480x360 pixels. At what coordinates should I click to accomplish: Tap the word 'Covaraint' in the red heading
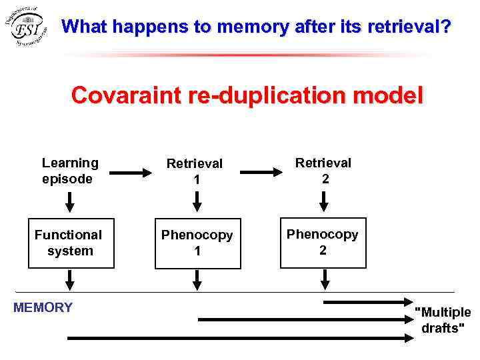[x=117, y=95]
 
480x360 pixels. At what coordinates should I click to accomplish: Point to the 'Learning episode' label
[x=69, y=171]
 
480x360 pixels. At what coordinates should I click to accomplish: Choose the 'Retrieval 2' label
[x=323, y=171]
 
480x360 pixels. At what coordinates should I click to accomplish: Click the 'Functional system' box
[x=69, y=243]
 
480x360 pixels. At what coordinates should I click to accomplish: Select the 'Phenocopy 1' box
[x=197, y=243]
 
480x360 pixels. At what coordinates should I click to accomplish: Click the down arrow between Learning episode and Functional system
[x=69, y=201]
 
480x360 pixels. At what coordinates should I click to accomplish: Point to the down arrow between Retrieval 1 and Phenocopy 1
[x=196, y=201]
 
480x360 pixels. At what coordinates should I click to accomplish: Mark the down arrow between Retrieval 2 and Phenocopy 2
[x=323, y=201]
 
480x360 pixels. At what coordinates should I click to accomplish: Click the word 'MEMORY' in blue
[x=43, y=307]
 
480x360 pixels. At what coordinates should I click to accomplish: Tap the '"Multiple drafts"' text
[x=443, y=320]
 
